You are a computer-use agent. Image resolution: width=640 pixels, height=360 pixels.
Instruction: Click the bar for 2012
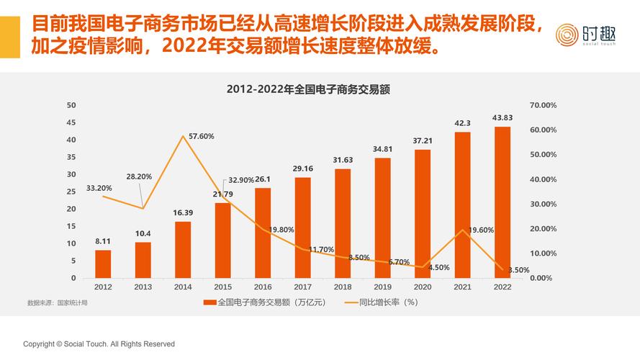click(103, 264)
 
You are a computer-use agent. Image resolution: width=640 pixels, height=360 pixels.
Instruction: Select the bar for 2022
click(502, 202)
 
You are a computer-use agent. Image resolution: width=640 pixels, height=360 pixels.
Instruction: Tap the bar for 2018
click(343, 223)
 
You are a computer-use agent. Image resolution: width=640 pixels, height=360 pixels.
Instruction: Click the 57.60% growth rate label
click(201, 136)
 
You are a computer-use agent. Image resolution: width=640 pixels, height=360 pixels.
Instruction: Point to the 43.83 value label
click(502, 118)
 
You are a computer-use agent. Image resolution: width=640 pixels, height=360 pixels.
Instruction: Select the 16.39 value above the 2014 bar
click(183, 212)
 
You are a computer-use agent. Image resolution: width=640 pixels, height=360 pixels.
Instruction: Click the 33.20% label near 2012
click(99, 188)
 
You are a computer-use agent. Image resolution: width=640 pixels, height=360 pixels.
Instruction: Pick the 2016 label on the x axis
click(263, 287)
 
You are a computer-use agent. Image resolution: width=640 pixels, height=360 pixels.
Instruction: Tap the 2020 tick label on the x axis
click(423, 287)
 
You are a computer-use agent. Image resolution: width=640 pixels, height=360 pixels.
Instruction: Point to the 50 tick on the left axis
click(71, 105)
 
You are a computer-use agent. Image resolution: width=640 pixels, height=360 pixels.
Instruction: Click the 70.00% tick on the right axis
click(543, 105)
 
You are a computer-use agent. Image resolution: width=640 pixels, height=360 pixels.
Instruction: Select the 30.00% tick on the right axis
click(543, 204)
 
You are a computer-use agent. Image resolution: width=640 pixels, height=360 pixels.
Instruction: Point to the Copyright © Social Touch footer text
click(99, 344)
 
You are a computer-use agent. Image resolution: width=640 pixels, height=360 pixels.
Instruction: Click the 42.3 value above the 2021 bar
click(462, 123)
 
